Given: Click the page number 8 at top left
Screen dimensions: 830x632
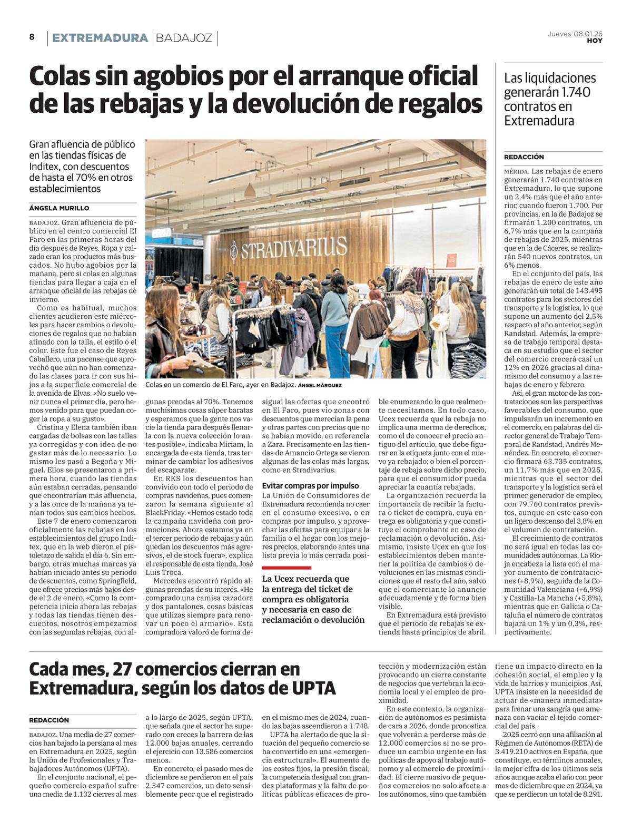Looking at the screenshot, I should tap(32, 37).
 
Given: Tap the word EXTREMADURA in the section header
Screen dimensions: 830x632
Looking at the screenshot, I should tap(100, 38).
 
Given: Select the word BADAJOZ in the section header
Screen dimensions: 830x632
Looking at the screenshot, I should tap(184, 38).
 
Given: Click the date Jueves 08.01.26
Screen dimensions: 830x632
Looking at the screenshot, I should tap(575, 34).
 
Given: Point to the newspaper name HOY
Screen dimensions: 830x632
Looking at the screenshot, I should tap(595, 41).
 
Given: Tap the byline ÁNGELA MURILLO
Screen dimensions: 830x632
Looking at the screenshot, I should tap(59, 208).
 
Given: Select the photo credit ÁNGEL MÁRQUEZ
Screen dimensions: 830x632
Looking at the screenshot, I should tap(320, 386).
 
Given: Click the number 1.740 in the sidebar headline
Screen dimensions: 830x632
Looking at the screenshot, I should tap(576, 92).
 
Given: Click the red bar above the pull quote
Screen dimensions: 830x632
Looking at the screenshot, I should tap(287, 568).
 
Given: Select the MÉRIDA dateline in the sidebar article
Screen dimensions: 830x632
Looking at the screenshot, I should tap(516, 172).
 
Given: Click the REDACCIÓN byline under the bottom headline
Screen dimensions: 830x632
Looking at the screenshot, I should tap(49, 720).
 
